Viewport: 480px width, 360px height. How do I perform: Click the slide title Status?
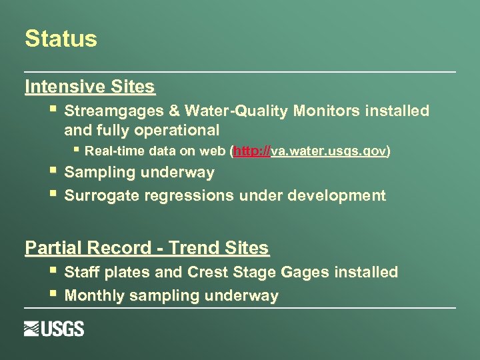[61, 39]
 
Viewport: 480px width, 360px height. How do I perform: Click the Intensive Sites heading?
[90, 87]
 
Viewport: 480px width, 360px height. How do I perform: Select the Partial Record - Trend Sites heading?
[147, 248]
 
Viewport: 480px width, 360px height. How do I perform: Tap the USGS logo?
[54, 329]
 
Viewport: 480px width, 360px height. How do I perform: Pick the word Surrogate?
[97, 196]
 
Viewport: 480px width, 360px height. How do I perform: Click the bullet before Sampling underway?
[53, 171]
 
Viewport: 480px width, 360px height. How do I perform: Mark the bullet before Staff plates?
[53, 271]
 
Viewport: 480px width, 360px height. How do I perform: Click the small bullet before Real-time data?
[77, 150]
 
